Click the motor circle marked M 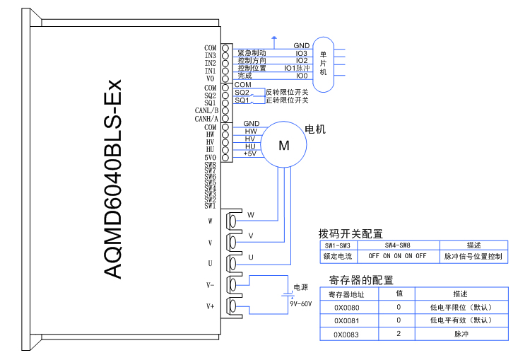[x=284, y=146]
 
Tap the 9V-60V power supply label [x=301, y=303]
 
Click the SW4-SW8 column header [x=398, y=244]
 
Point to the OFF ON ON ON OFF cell [x=398, y=255]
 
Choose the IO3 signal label [x=302, y=53]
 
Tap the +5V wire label [x=249, y=153]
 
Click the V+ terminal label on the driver [x=210, y=306]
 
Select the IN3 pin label [x=210, y=55]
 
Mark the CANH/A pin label [x=206, y=119]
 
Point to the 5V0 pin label [x=210, y=158]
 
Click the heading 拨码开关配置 [x=351, y=233]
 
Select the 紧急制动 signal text [x=252, y=53]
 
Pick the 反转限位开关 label [x=287, y=92]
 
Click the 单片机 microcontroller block [x=323, y=64]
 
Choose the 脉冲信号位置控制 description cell [x=473, y=255]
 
